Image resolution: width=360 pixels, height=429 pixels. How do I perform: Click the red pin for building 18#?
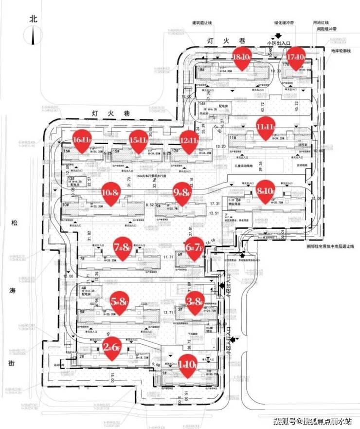[241, 57]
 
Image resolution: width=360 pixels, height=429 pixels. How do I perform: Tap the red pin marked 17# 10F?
[295, 57]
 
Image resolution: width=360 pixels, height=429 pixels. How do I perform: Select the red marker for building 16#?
[82, 140]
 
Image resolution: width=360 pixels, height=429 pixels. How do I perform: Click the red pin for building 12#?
[189, 140]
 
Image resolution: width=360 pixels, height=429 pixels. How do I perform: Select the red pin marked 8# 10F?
[266, 189]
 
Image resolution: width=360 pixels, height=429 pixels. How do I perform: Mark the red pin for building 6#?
[193, 248]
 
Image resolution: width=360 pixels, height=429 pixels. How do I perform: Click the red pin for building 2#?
[112, 347]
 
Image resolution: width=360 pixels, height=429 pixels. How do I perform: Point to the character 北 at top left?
[34, 19]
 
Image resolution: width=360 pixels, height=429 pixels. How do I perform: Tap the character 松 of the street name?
[15, 224]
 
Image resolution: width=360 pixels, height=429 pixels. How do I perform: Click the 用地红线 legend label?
[321, 22]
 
